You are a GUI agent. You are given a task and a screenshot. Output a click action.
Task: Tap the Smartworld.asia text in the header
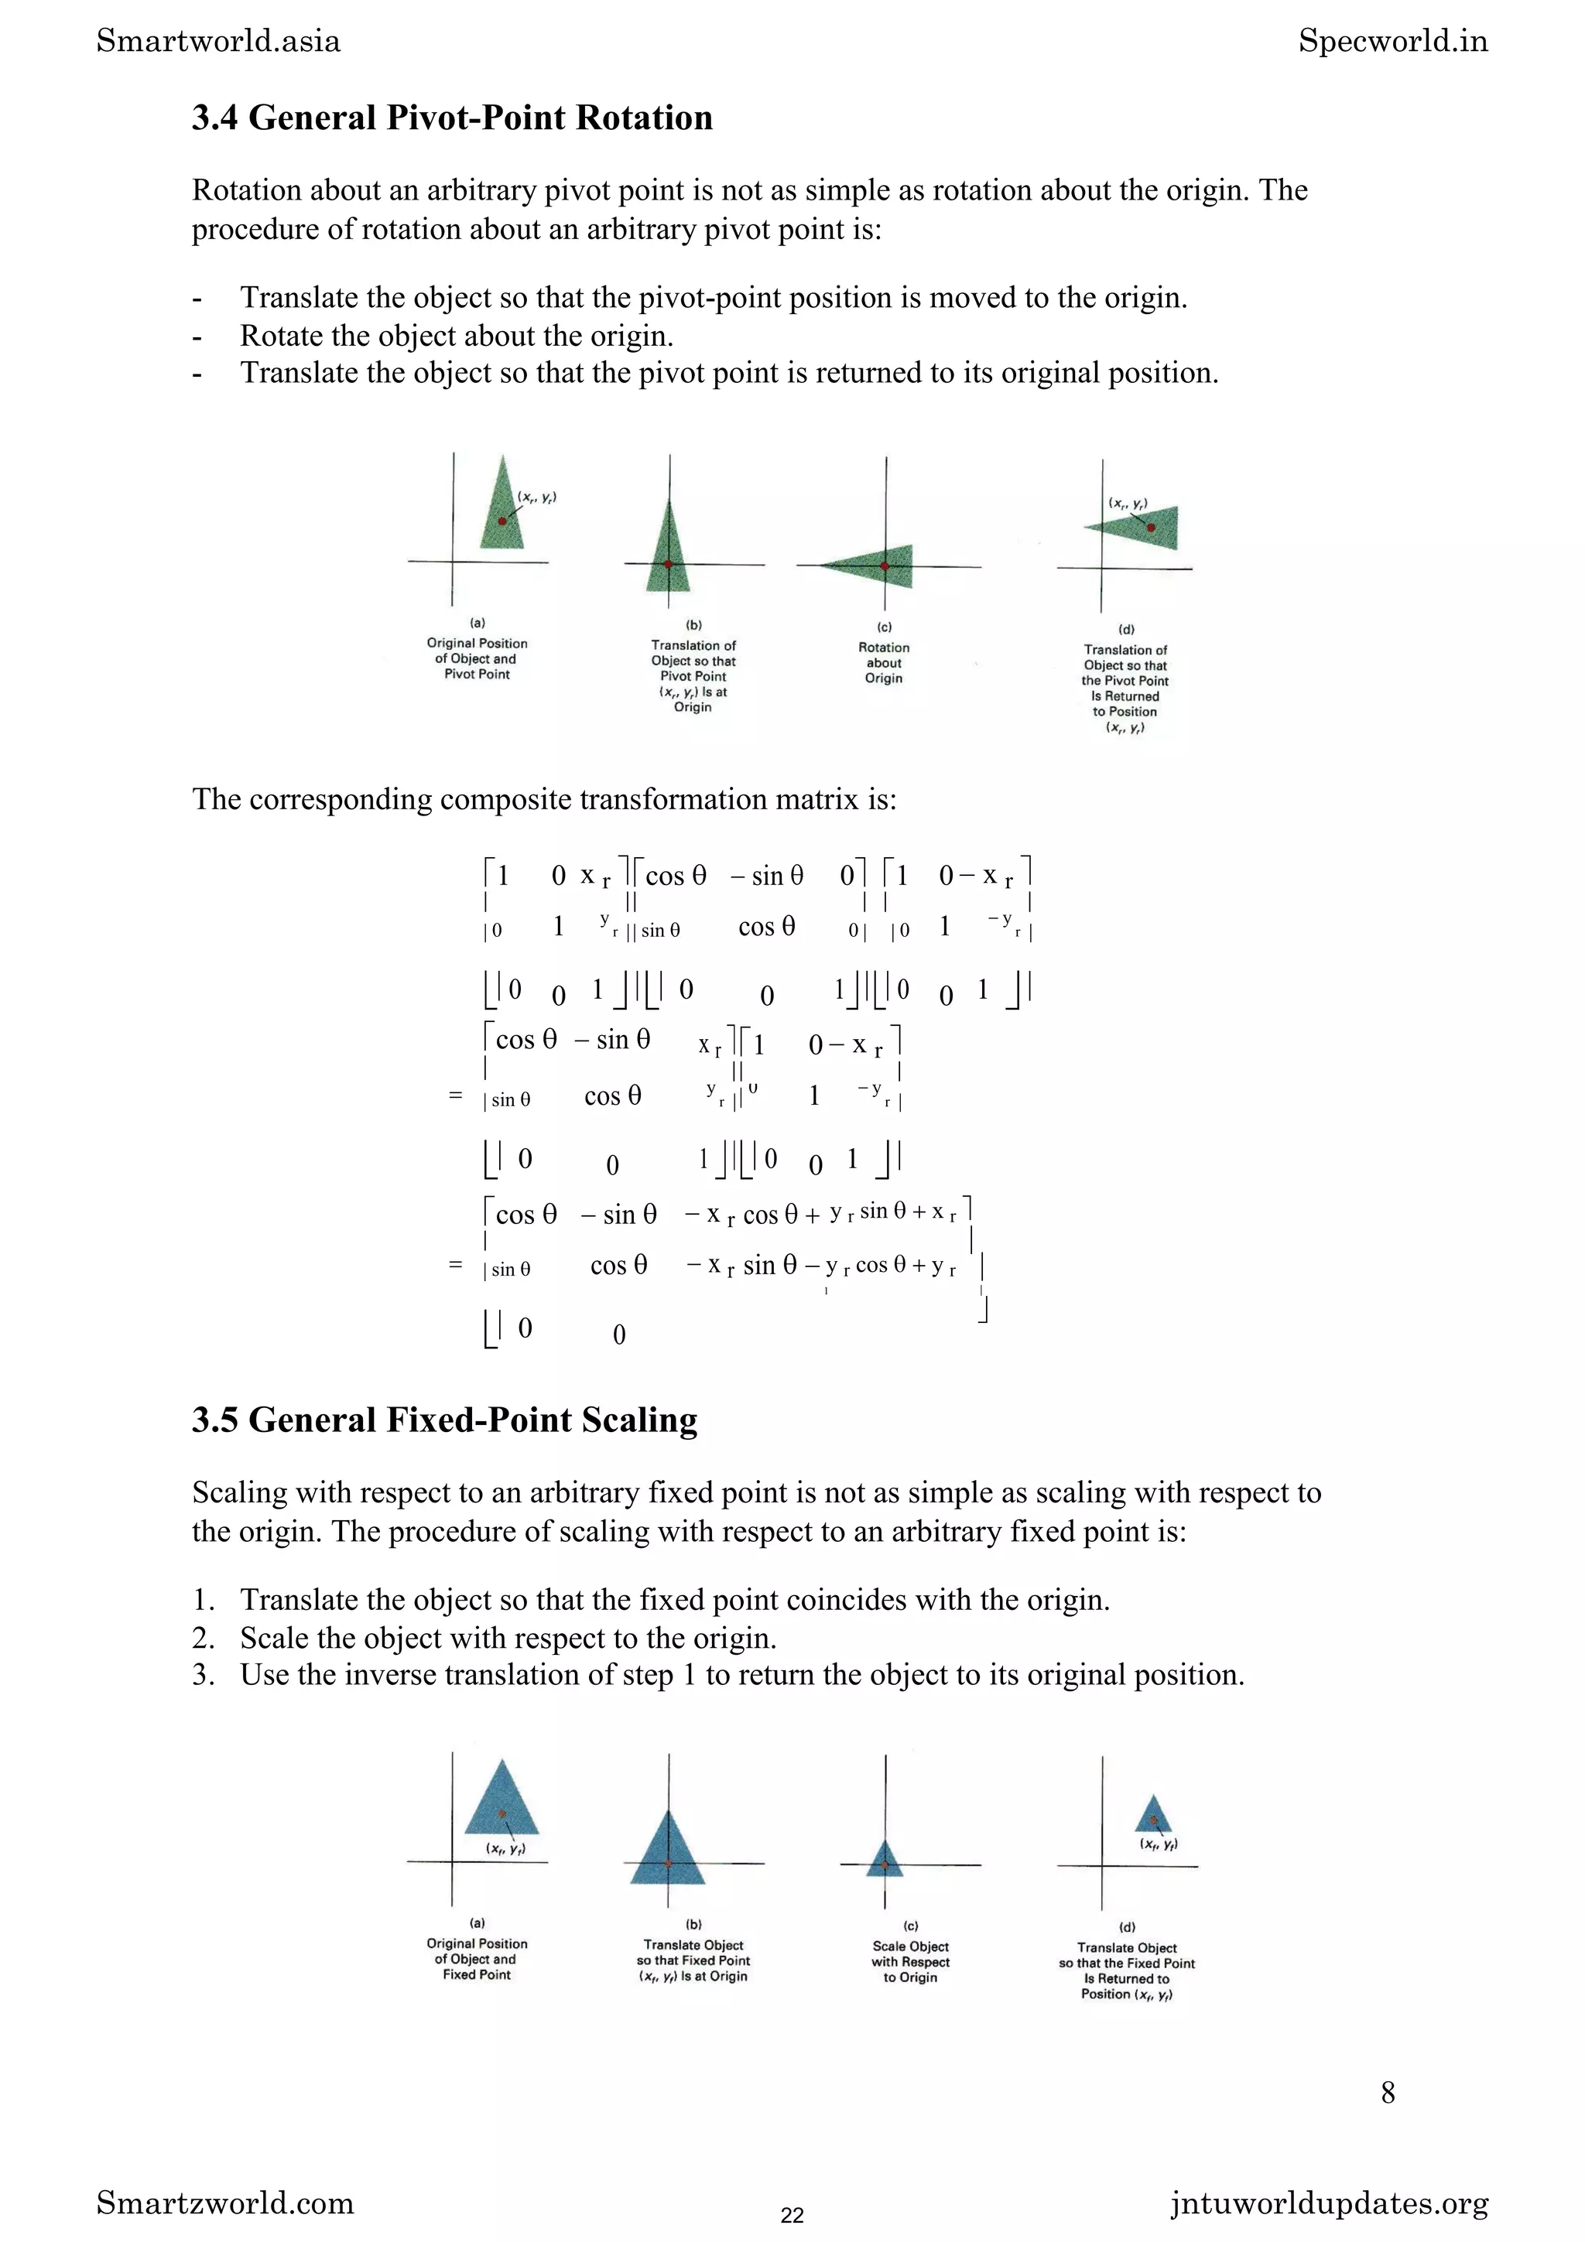tap(219, 41)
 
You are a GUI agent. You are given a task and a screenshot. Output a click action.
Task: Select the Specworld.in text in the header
tap(1392, 41)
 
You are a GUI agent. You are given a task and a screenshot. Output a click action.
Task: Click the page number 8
tap(1388, 2092)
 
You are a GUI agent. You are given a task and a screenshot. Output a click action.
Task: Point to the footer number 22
tap(792, 2215)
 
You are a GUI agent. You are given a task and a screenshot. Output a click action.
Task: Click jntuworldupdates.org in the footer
tap(1329, 2203)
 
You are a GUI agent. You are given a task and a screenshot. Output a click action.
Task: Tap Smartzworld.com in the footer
tap(224, 2203)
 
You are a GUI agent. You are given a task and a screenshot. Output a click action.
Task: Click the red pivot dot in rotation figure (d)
tap(1150, 528)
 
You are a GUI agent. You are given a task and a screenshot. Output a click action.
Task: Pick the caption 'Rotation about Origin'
tap(884, 662)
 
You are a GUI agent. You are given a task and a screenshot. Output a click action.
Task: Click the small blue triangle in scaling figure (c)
tap(885, 1858)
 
